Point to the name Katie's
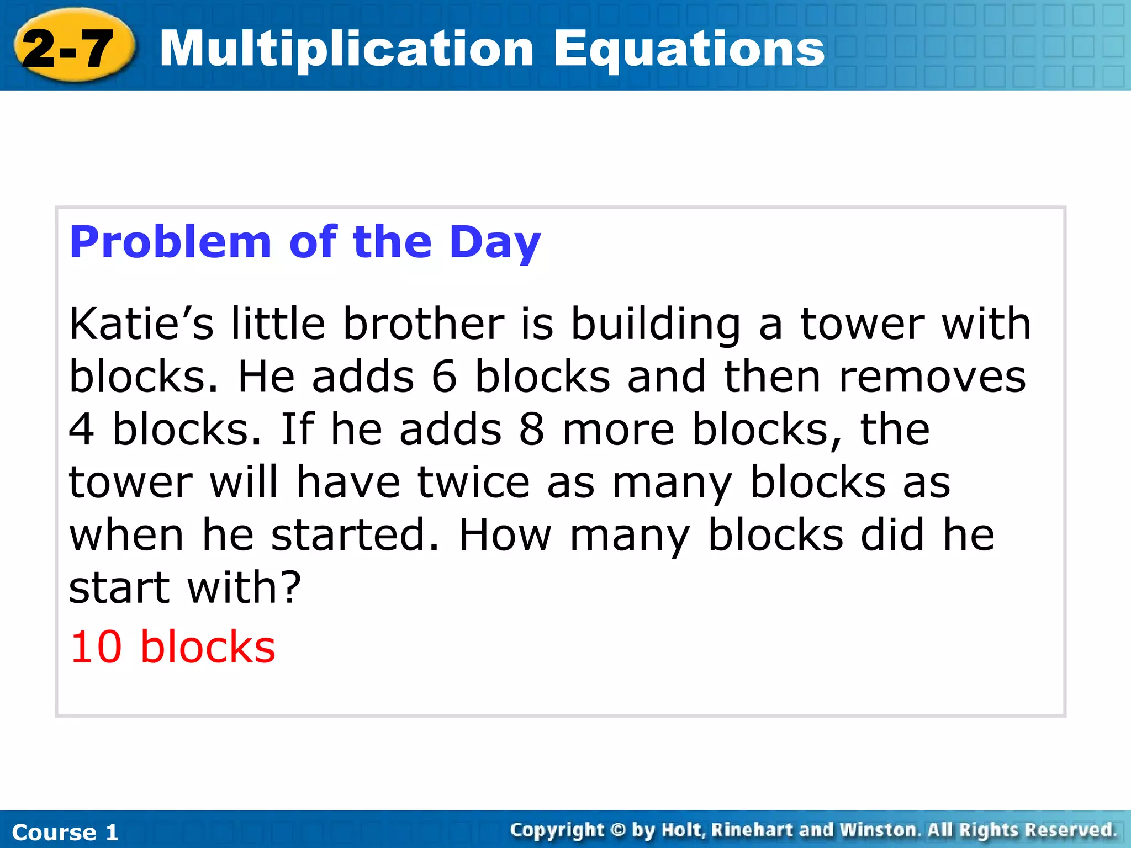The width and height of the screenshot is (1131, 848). [x=141, y=324]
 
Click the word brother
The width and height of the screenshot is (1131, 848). [x=424, y=324]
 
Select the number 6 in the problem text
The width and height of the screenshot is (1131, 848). [x=444, y=377]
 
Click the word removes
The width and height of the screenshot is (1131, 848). [x=932, y=377]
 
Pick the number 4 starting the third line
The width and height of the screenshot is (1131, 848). [x=82, y=430]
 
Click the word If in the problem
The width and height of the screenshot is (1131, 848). [x=297, y=430]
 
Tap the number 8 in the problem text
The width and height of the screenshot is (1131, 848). [x=531, y=430]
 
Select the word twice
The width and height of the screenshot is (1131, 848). [x=473, y=483]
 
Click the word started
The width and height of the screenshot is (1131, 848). [x=355, y=534]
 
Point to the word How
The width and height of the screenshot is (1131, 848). [x=505, y=534]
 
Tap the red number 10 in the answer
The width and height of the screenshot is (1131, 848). [x=96, y=647]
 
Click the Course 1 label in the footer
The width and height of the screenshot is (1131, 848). [x=65, y=832]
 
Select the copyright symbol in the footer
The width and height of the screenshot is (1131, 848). [x=618, y=830]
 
